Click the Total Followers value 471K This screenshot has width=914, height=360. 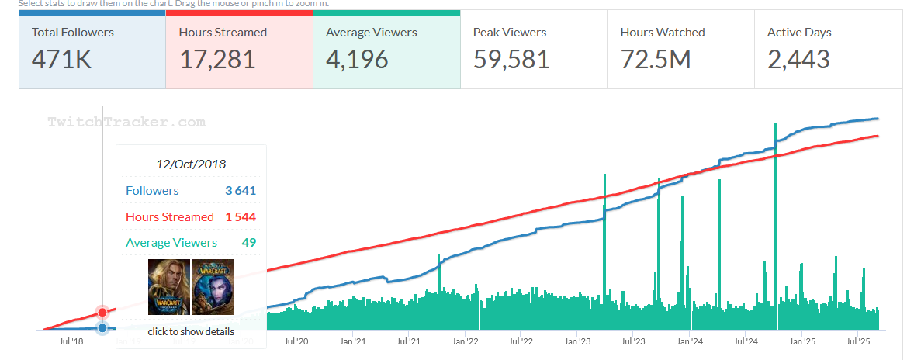(61, 59)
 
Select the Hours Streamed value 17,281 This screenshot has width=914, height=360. (217, 59)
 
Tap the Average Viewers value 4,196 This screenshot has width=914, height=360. (357, 59)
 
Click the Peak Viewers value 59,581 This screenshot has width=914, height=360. (511, 59)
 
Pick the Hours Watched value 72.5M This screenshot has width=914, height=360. (656, 59)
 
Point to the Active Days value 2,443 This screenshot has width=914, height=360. (798, 59)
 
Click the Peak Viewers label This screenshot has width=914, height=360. (510, 33)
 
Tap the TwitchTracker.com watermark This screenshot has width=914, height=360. (126, 122)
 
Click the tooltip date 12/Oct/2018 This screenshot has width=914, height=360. (191, 164)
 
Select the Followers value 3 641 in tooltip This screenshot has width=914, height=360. (241, 190)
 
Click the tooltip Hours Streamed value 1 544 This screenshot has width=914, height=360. (241, 216)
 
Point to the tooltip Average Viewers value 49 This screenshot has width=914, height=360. (248, 243)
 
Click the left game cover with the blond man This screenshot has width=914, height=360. (168, 286)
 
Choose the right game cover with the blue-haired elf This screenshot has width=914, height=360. (213, 286)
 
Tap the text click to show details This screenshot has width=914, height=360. (191, 331)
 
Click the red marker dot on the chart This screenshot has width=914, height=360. (102, 312)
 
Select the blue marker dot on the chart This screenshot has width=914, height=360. (102, 328)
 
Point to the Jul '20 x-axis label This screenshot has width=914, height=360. (296, 341)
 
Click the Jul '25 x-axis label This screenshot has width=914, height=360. (857, 341)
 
